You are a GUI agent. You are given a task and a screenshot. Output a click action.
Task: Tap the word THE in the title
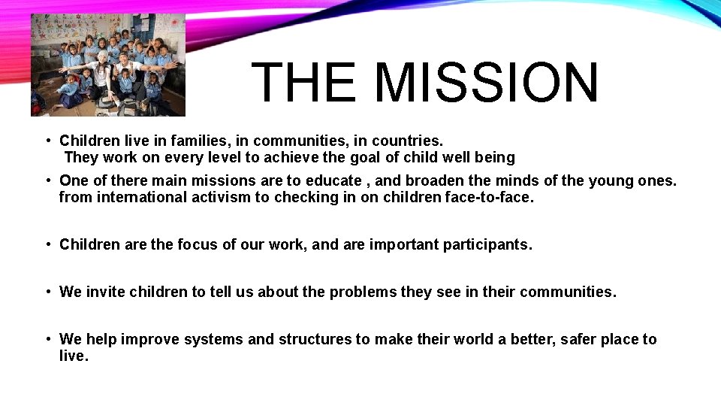304,83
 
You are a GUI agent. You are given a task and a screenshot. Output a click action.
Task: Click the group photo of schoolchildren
107,65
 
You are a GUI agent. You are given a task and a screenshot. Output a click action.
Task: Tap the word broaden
419,180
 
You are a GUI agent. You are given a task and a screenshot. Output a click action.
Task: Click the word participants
487,244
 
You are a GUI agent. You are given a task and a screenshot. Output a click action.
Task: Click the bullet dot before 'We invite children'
47,292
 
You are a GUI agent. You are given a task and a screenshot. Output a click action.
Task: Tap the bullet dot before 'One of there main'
47,180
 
